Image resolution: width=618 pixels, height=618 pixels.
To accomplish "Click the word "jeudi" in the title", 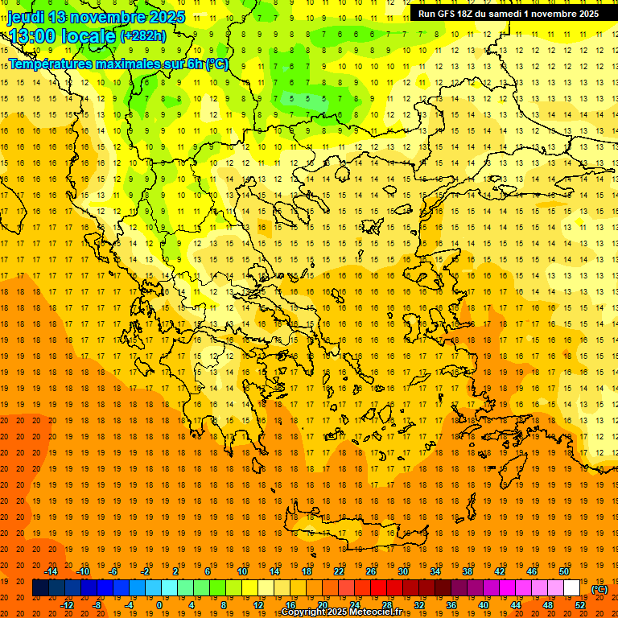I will click(26, 17).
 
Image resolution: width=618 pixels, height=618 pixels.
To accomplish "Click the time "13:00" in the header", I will click(33, 36).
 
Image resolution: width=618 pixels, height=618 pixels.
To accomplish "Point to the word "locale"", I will click(89, 36).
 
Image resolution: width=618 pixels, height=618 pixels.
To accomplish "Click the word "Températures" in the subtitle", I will click(50, 64).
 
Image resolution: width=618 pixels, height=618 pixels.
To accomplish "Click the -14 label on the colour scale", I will click(51, 571).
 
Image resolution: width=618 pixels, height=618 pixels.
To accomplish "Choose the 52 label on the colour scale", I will click(580, 605).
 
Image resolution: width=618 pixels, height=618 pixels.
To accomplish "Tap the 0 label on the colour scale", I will click(159, 605).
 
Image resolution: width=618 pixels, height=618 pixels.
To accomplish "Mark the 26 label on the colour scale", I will click(371, 571).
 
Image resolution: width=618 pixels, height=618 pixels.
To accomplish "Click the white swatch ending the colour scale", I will click(572, 588).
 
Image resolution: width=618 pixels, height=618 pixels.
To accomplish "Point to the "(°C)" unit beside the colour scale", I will click(599, 588).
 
